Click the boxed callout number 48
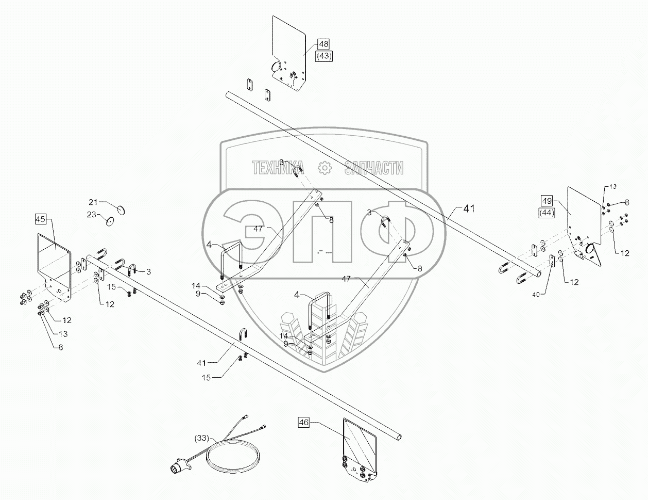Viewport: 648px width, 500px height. click(x=323, y=44)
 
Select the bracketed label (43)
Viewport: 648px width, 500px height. click(x=324, y=56)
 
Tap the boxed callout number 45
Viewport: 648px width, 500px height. click(x=41, y=219)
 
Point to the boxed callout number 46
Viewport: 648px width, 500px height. click(x=303, y=422)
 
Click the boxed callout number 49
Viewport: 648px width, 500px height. click(x=547, y=201)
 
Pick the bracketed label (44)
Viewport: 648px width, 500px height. click(x=547, y=213)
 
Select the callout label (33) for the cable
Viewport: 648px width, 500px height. click(x=202, y=438)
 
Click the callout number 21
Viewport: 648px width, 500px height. click(x=93, y=202)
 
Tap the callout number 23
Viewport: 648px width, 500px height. click(x=92, y=215)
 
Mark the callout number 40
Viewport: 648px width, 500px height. click(x=536, y=295)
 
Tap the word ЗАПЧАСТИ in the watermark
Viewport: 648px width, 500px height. click(x=373, y=168)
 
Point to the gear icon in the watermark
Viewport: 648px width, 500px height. click(x=325, y=168)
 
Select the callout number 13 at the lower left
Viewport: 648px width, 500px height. click(x=63, y=334)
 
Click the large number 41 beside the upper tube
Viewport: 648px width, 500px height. click(x=469, y=209)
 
